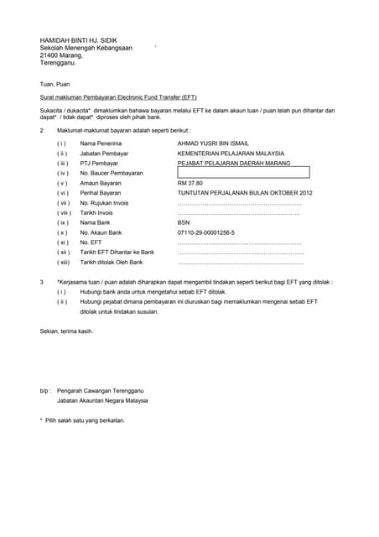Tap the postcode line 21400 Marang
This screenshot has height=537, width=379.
point(62,55)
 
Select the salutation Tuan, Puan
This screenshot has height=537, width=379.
point(55,85)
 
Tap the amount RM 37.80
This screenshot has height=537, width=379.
point(190,183)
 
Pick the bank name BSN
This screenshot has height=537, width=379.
point(184,222)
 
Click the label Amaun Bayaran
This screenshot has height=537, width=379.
point(101,183)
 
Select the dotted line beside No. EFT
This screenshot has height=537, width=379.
point(240,242)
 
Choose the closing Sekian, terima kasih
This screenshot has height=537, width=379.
point(67,331)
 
